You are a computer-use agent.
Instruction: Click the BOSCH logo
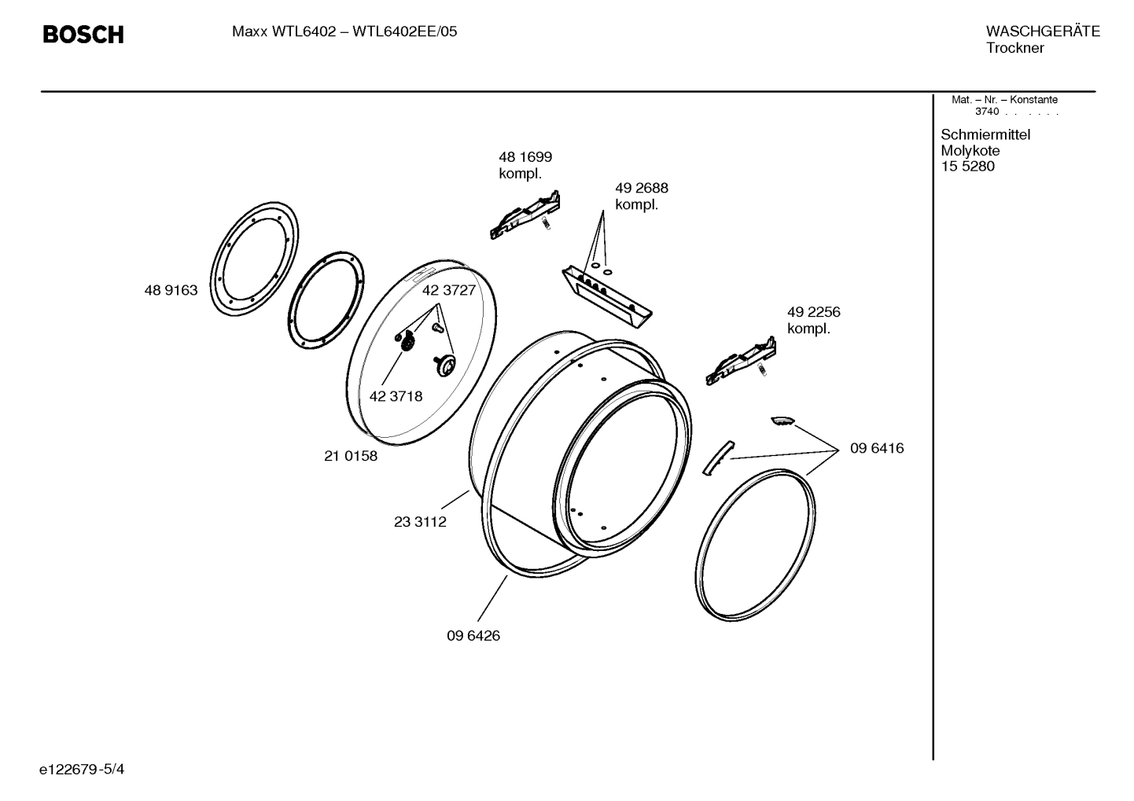pos(83,35)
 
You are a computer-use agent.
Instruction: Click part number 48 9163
pos(171,290)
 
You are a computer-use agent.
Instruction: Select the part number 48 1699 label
pos(525,157)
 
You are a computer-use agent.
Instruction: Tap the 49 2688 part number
pos(641,189)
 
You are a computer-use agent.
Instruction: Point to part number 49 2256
pos(813,312)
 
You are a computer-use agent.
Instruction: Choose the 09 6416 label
pos(876,448)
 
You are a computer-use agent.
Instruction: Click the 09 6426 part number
pos(473,635)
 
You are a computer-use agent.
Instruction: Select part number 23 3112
pos(420,522)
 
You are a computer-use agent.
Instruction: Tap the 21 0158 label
pos(351,456)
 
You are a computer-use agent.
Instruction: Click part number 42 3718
pos(396,396)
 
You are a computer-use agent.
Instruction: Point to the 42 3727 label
pos(449,290)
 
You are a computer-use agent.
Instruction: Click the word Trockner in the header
pos(1014,49)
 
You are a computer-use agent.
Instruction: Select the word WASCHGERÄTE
pos(1042,31)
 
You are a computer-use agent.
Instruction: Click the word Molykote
pos(970,151)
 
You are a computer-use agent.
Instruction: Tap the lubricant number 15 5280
pos(967,167)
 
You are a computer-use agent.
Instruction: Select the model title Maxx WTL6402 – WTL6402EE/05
pos(344,32)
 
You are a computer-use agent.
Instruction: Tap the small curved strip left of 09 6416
pos(716,457)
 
